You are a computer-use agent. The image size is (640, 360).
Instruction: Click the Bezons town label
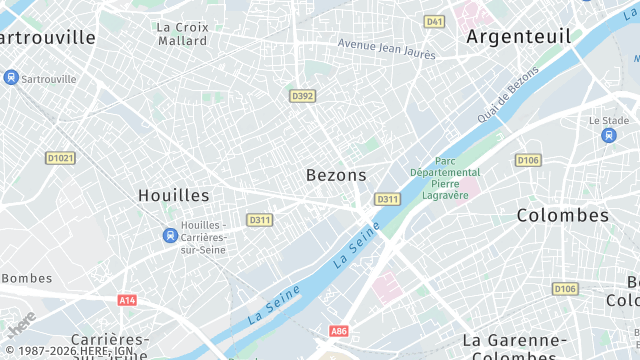tap(336, 175)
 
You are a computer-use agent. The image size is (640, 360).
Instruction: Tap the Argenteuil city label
tap(519, 37)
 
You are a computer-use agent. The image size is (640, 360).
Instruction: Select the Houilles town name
tap(173, 195)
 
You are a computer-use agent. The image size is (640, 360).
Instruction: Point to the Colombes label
tap(563, 215)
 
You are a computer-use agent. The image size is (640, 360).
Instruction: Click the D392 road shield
tap(302, 96)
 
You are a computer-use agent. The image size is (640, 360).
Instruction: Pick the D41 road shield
tap(434, 21)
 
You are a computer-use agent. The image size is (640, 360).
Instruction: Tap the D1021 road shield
tap(61, 158)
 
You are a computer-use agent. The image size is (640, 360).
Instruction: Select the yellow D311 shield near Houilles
tap(260, 220)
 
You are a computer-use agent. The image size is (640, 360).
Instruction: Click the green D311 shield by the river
tap(387, 200)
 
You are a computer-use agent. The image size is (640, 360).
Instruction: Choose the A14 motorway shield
tap(127, 300)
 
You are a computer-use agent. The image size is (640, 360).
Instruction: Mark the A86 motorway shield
tap(339, 330)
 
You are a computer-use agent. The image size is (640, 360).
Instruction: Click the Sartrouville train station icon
tap(11, 77)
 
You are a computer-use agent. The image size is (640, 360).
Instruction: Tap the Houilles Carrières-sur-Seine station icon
tap(170, 236)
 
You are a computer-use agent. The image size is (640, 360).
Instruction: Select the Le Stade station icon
tap(609, 136)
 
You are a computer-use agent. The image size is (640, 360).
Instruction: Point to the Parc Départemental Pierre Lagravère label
tap(445, 178)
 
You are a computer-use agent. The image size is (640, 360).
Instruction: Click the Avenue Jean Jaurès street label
tap(387, 48)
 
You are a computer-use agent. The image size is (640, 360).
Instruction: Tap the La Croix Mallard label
tap(183, 33)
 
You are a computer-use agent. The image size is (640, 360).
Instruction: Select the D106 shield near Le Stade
tap(528, 160)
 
